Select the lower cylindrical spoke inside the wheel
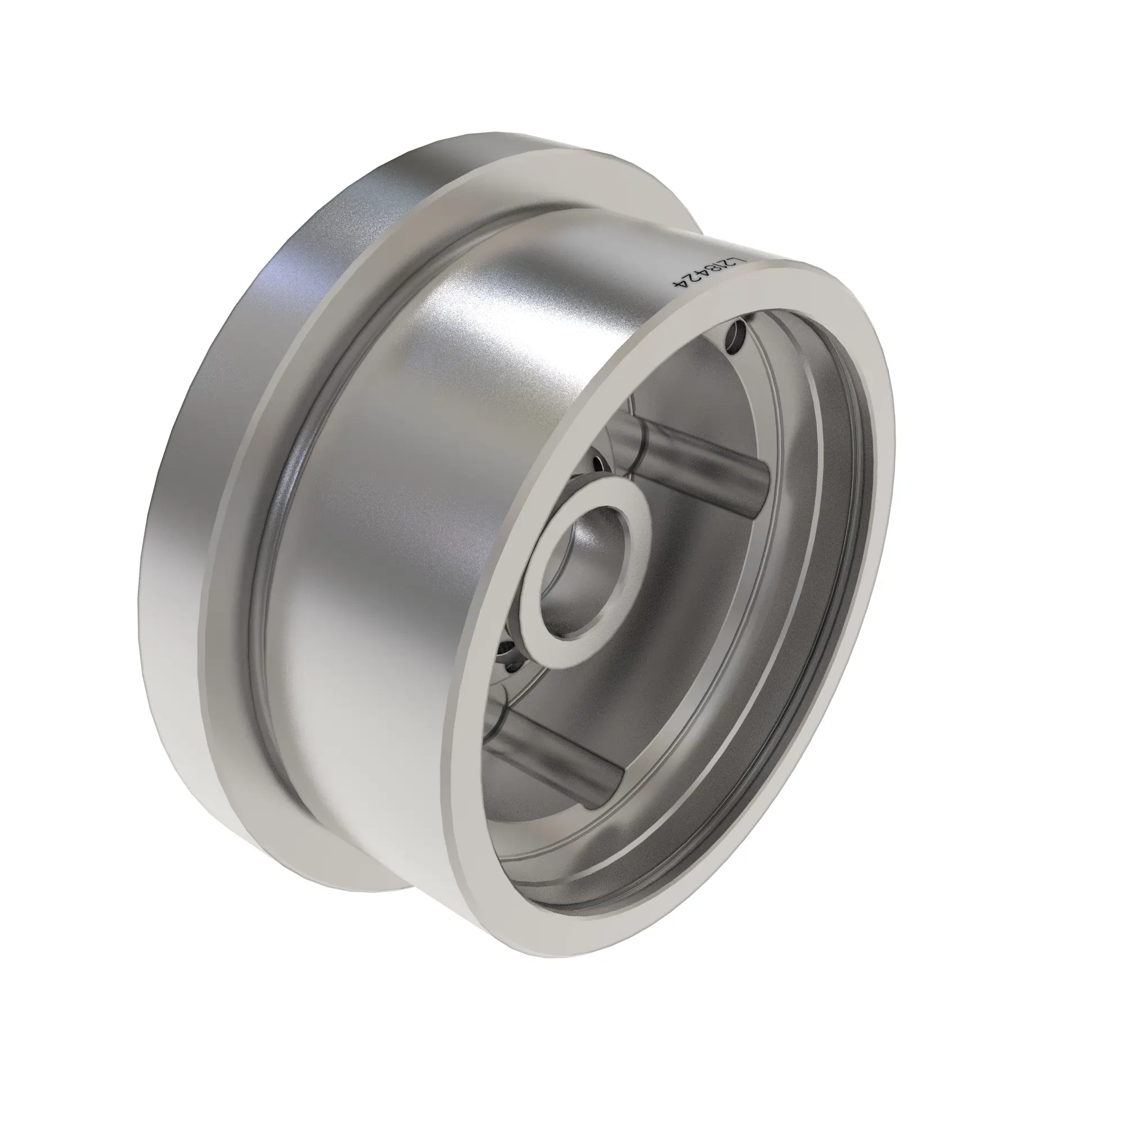[x=553, y=751]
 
